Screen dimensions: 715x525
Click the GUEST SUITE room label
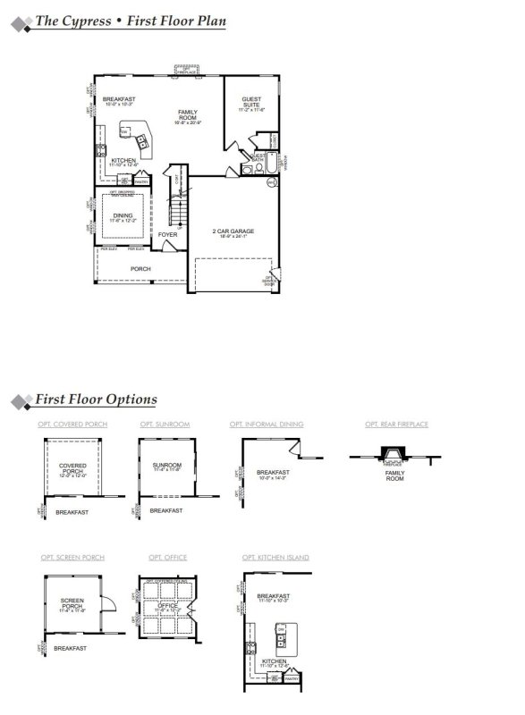[250, 103]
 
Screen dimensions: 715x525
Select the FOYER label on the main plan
[168, 234]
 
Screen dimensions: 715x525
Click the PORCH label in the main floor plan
[140, 268]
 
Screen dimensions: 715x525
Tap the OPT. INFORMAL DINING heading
[267, 424]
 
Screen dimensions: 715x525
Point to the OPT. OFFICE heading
[162, 557]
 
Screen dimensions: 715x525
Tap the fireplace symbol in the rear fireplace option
[392, 457]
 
